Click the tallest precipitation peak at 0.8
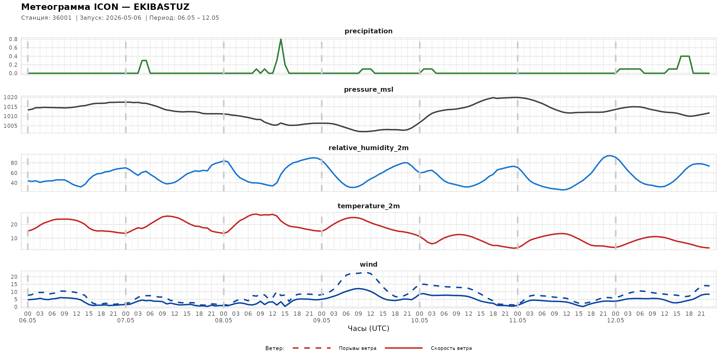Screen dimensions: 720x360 point(281,39)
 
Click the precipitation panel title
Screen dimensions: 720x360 point(368,31)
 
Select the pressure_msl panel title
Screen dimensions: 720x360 point(368,89)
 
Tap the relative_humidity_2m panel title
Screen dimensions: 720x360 point(368,148)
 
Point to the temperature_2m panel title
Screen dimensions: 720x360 point(368,206)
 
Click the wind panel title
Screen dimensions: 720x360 point(368,265)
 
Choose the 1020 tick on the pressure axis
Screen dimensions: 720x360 point(10,97)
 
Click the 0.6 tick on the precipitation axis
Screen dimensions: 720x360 point(13,48)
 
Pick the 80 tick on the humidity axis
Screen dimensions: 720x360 point(14,163)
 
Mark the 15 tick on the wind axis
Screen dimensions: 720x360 point(14,284)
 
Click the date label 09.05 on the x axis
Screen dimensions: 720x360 point(321,320)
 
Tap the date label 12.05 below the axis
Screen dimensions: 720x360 point(615,320)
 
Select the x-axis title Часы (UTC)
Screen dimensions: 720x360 point(368,329)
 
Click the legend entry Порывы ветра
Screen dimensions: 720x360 point(358,348)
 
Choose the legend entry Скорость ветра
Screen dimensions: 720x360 point(451,348)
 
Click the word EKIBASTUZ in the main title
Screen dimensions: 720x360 point(162,7)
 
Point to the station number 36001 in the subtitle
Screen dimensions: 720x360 point(62,18)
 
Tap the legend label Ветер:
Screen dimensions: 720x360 point(275,348)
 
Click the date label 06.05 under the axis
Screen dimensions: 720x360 point(28,320)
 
